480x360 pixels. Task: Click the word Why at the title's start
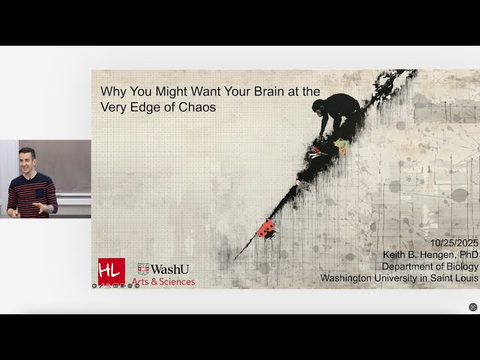(x=112, y=91)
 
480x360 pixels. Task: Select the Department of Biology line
(x=430, y=266)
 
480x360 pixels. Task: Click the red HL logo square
(x=111, y=271)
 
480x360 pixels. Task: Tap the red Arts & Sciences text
(x=163, y=282)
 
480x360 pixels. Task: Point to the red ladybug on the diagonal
(x=265, y=229)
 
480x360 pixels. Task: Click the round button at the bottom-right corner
(x=472, y=307)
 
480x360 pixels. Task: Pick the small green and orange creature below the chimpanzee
(x=341, y=145)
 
